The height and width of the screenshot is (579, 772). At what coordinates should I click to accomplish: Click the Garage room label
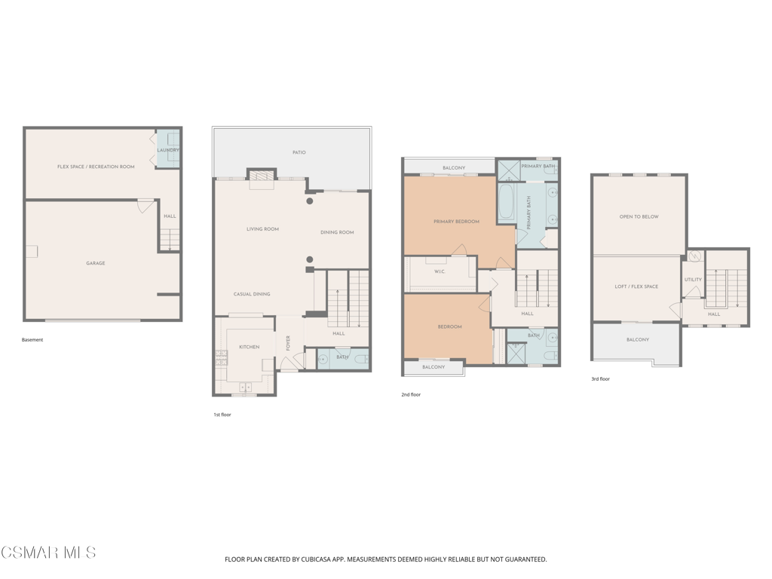click(x=96, y=263)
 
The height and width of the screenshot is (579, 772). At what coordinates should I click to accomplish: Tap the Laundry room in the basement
click(x=168, y=149)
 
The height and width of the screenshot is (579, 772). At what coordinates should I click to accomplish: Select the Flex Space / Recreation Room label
click(x=96, y=167)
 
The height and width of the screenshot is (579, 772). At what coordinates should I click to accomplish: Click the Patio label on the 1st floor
click(x=299, y=152)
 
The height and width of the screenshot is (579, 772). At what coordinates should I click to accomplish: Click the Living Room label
click(x=262, y=229)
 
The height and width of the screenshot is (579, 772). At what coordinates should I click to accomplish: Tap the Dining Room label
click(x=337, y=232)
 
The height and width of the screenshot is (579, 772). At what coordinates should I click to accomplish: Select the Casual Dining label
click(x=252, y=294)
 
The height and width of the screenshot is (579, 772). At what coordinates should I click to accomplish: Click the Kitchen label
click(x=249, y=347)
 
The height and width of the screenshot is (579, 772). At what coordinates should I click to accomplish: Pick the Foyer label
click(x=288, y=343)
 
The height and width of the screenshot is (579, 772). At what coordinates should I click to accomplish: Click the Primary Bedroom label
click(x=456, y=222)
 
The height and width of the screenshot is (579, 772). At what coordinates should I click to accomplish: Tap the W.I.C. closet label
click(x=440, y=271)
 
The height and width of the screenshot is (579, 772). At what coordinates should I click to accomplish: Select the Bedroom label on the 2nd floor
click(x=449, y=327)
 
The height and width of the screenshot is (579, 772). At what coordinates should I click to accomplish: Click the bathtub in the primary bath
click(x=506, y=201)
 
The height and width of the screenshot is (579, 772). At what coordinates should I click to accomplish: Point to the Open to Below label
click(x=639, y=216)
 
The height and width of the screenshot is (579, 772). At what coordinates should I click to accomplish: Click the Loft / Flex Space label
click(x=636, y=286)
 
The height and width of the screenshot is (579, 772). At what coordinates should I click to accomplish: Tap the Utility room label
click(x=693, y=280)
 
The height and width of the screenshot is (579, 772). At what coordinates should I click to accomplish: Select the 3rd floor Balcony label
click(x=638, y=340)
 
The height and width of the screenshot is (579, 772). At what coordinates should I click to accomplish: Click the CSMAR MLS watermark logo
click(x=48, y=553)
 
